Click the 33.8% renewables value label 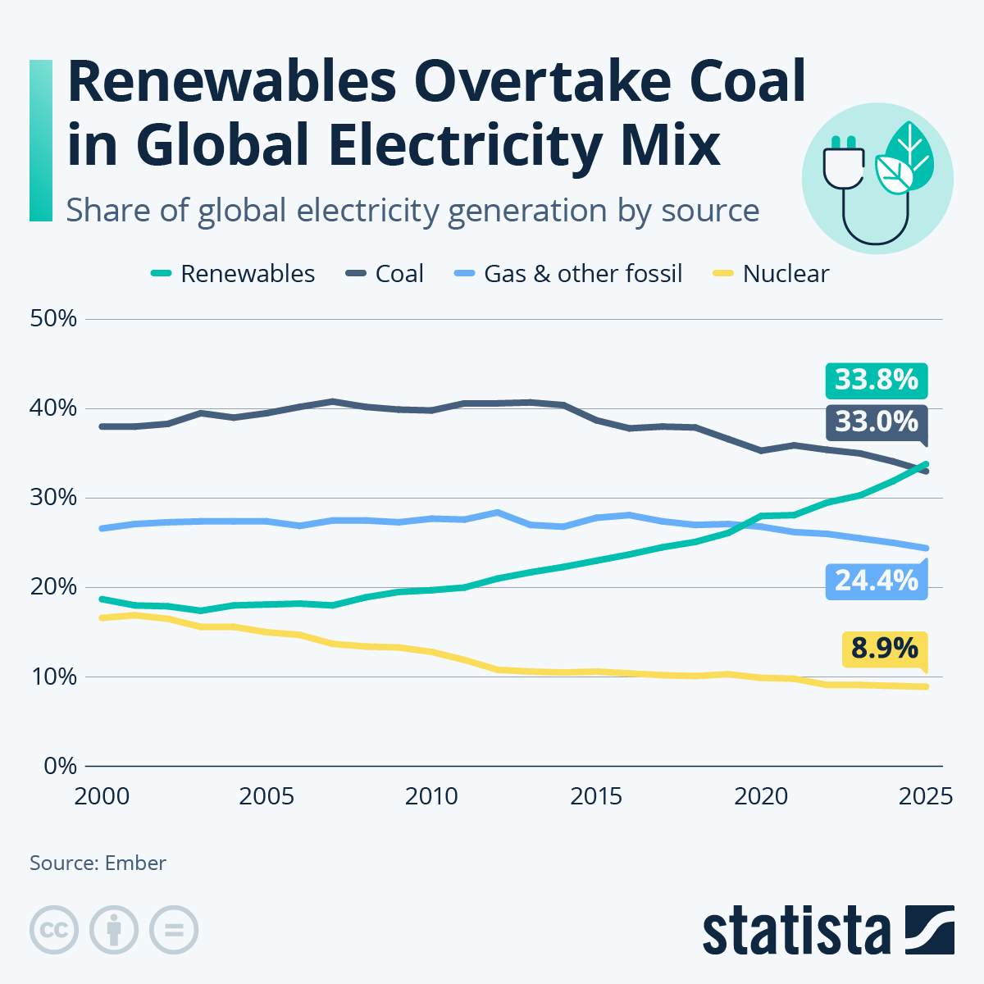click(x=876, y=380)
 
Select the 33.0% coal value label click(x=876, y=421)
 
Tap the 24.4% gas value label click(x=876, y=581)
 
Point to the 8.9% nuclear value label click(x=884, y=649)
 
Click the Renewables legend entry click(x=234, y=274)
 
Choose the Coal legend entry click(x=385, y=274)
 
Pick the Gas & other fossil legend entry click(x=568, y=274)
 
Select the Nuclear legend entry click(x=771, y=274)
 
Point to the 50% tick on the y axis click(x=53, y=319)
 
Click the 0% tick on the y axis click(x=59, y=767)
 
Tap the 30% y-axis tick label click(x=53, y=498)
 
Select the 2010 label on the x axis click(x=432, y=797)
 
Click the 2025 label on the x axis click(x=925, y=797)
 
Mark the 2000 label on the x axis click(x=102, y=797)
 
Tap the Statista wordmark click(x=795, y=931)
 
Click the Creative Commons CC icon click(x=54, y=931)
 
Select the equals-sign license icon click(x=174, y=931)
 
